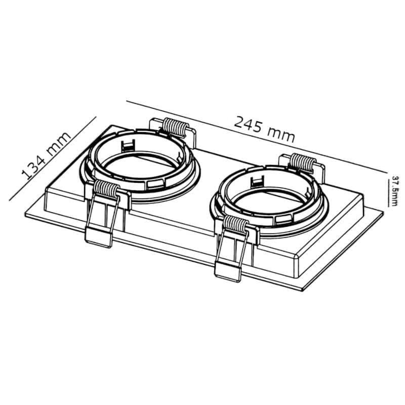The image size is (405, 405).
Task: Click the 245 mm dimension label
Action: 264,129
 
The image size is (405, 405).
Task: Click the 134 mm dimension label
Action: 46,155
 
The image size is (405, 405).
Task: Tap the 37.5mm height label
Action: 394,191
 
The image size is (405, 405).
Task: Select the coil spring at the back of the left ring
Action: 176,127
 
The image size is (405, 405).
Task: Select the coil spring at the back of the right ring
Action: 303,163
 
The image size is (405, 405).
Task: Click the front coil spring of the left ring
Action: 106,189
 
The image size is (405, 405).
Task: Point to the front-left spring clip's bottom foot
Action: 99,237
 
